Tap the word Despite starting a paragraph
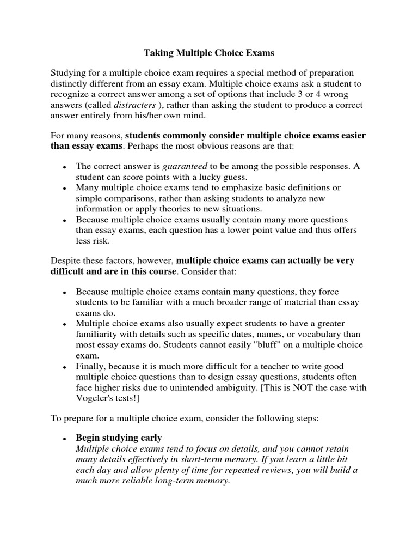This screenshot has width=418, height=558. coord(65,260)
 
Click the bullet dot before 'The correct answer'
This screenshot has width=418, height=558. coord(64,167)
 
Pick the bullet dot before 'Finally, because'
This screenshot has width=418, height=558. coord(64,367)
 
